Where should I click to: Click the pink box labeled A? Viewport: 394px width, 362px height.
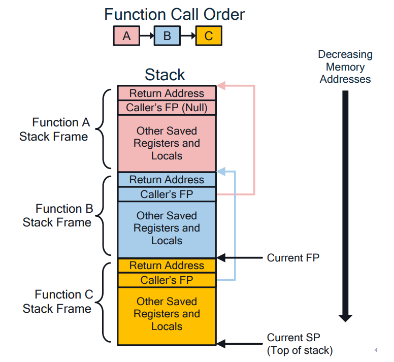pos(126,36)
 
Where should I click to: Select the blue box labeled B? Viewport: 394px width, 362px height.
pos(167,36)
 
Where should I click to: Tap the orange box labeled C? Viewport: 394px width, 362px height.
pos(209,36)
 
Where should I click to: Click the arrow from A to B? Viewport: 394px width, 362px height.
pos(147,36)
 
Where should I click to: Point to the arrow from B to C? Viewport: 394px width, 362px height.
pos(188,36)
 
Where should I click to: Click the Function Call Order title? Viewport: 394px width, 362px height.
pos(174,14)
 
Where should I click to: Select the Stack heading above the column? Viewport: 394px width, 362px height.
pos(165,75)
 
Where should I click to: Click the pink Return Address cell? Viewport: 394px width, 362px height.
pos(167,93)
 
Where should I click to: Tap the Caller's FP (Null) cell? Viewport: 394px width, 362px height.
pos(167,108)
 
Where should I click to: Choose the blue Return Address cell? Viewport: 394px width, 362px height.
pos(167,180)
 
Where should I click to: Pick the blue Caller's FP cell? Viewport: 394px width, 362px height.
pos(167,194)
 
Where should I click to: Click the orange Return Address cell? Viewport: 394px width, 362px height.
pos(167,266)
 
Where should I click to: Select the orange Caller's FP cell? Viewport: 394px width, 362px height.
pos(167,280)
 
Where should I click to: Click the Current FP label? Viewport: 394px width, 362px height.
pos(293,258)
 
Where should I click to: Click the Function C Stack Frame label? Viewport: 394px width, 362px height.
pos(57,302)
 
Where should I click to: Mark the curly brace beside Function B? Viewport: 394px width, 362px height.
pos(103,216)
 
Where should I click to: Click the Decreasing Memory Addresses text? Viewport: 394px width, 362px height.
pos(345,67)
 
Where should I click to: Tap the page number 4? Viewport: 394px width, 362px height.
pos(376,350)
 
